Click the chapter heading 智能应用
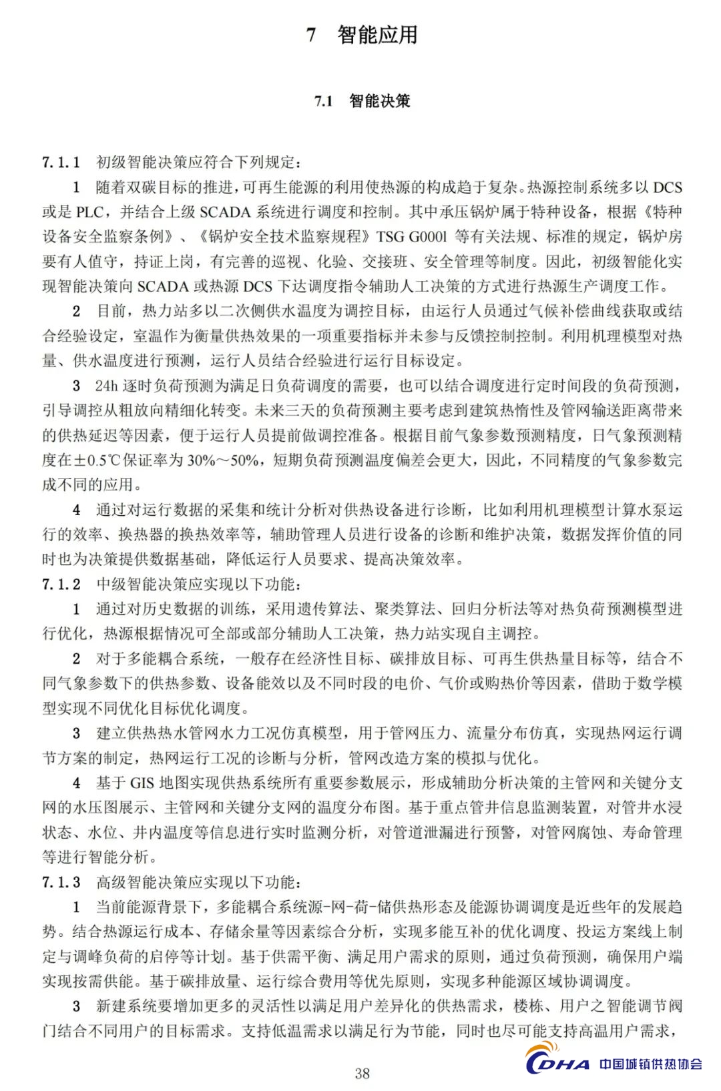(x=378, y=35)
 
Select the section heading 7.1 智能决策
(x=363, y=101)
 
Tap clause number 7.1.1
(x=61, y=162)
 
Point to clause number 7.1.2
(x=61, y=585)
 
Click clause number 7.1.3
(x=61, y=883)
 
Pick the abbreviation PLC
(x=89, y=212)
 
